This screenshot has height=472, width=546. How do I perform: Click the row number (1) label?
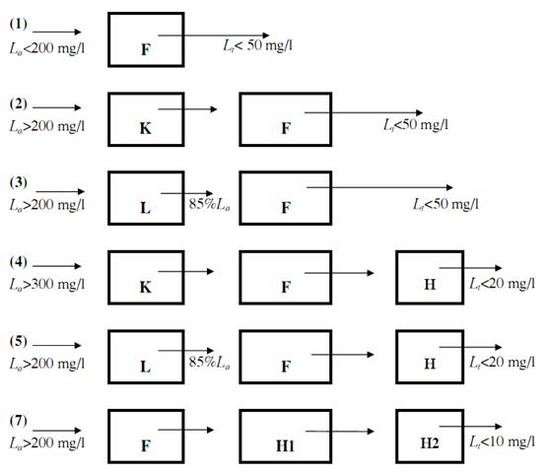[x=19, y=24]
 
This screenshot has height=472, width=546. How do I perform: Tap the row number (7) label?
[x=19, y=421]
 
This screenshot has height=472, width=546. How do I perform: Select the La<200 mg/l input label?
[x=47, y=48]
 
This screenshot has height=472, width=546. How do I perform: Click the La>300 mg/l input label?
[x=47, y=285]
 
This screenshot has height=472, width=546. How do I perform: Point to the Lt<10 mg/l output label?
[x=502, y=441]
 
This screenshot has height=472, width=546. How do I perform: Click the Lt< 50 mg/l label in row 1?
[x=257, y=45]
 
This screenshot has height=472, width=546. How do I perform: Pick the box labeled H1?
[x=285, y=437]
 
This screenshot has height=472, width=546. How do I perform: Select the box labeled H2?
[x=430, y=437]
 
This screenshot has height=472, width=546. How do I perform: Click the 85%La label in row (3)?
[x=209, y=204]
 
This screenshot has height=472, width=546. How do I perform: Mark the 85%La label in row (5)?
[x=209, y=363]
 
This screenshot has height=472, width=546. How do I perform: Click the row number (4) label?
[x=19, y=262]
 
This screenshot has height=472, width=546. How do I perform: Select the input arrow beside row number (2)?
[x=57, y=107]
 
